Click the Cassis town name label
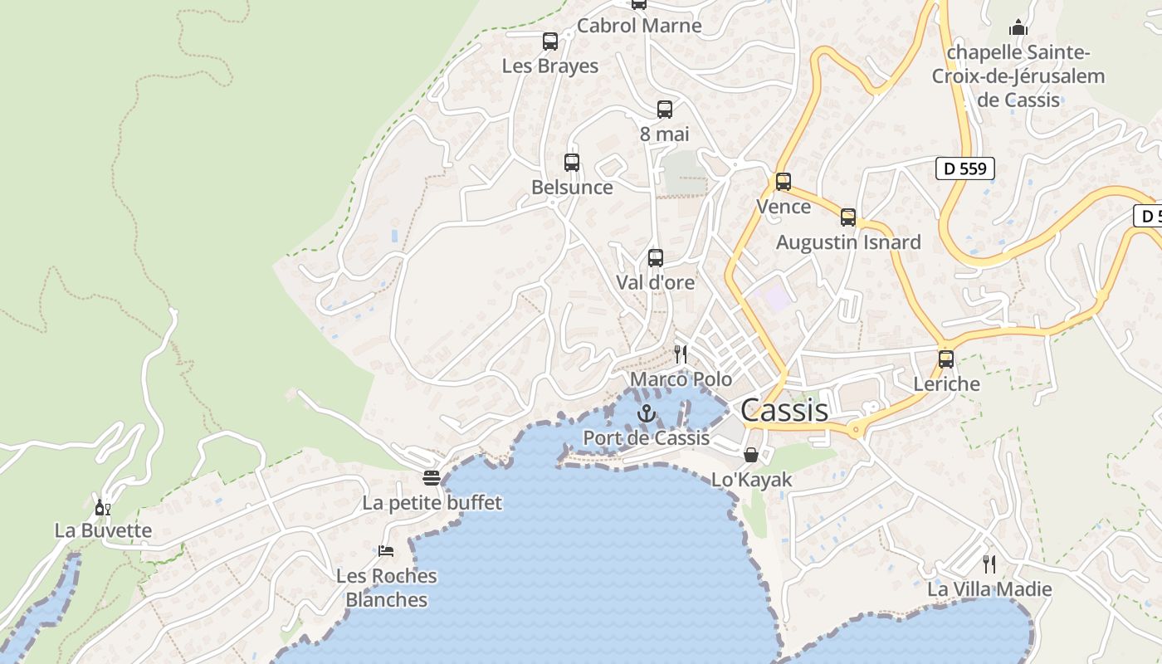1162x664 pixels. coord(784,410)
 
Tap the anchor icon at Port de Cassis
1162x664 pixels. coord(646,413)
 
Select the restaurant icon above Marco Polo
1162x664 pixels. coord(681,354)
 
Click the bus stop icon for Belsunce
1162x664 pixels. coord(572,163)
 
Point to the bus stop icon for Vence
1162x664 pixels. coord(784,182)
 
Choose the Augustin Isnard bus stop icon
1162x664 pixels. coord(848,217)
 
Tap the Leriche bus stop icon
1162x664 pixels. coord(946,359)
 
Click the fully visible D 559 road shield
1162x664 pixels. coord(965,168)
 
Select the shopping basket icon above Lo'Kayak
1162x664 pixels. coord(751,454)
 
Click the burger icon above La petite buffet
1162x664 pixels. coord(432,477)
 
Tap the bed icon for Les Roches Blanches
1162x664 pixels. coord(386,550)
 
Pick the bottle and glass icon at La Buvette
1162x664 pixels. coord(103,506)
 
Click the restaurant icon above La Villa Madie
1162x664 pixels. coord(989,564)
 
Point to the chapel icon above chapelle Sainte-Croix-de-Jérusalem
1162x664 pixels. coord(1018,27)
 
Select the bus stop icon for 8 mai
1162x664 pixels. coord(665,110)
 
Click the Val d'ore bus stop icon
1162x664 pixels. coord(656,258)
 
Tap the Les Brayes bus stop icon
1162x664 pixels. coord(550,41)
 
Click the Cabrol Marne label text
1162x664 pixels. coord(639,26)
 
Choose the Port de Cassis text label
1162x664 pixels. coord(647,437)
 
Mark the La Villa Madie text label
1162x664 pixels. coord(989,589)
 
